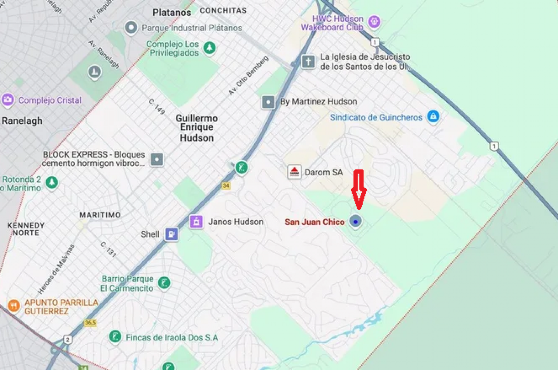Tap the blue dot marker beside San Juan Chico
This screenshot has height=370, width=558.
coord(355,221)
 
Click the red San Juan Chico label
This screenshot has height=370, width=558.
coord(315,222)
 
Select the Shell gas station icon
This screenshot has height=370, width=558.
coord(171,234)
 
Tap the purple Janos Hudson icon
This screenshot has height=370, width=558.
coord(196,222)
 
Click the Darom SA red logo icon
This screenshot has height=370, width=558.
coord(294,172)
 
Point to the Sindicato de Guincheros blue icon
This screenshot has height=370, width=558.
coord(433,116)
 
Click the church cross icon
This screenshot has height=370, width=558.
coord(308,62)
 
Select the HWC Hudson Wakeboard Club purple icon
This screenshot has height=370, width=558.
coord(374,21)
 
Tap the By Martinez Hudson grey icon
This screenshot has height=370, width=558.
coord(268,102)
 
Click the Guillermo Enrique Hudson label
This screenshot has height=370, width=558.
coord(197,128)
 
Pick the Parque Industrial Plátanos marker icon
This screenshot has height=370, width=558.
coord(131,28)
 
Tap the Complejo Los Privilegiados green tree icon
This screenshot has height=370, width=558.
coord(210,48)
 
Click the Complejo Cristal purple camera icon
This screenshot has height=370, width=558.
coord(8,100)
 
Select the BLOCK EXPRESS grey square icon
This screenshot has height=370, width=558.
coord(157,159)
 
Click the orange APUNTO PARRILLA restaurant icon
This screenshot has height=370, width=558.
coord(14,305)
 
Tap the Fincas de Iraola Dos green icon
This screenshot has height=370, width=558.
coord(115,336)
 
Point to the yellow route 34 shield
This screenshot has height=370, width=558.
coord(226,186)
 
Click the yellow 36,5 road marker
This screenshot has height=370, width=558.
coord(90,322)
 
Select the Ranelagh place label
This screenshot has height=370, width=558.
coord(22,121)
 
